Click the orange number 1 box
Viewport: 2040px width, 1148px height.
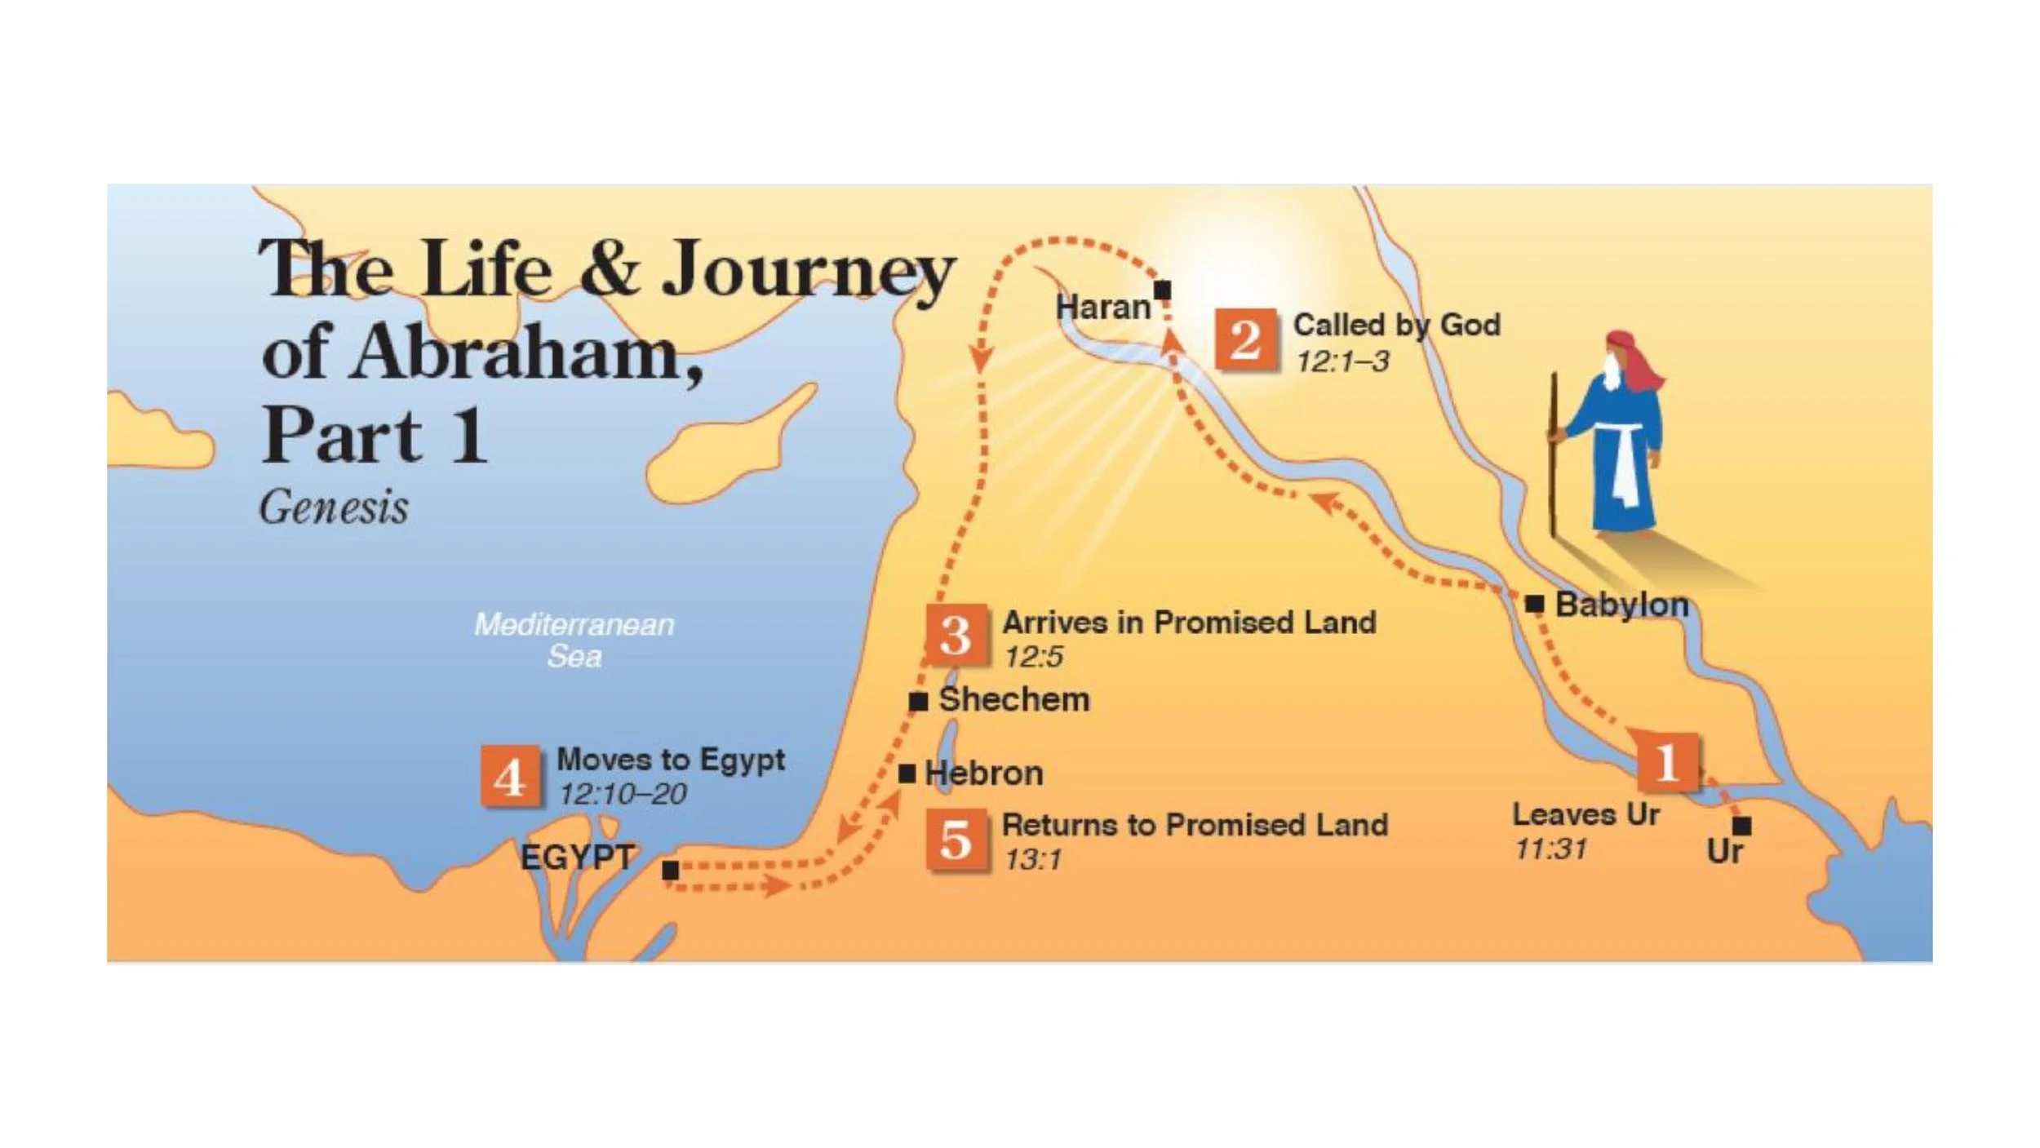point(1667,762)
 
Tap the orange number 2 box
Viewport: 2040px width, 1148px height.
point(1245,339)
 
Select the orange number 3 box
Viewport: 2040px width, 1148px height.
point(956,635)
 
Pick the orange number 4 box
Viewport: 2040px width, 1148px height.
point(510,776)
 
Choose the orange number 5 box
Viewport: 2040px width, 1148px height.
point(956,840)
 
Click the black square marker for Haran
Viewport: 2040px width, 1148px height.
point(1163,290)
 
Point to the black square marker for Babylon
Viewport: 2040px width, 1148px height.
point(1534,604)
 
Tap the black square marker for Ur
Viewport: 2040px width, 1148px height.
point(1741,826)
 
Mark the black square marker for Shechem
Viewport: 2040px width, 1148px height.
point(919,701)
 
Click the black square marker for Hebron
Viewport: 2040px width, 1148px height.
point(907,773)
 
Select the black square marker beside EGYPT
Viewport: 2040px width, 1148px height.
point(671,870)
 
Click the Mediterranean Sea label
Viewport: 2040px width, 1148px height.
point(574,640)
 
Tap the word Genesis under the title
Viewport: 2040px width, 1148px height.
point(334,508)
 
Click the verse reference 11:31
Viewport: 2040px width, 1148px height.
point(1551,849)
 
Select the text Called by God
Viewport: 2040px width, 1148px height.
point(1396,325)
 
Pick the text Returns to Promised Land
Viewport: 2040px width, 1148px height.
point(1195,825)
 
